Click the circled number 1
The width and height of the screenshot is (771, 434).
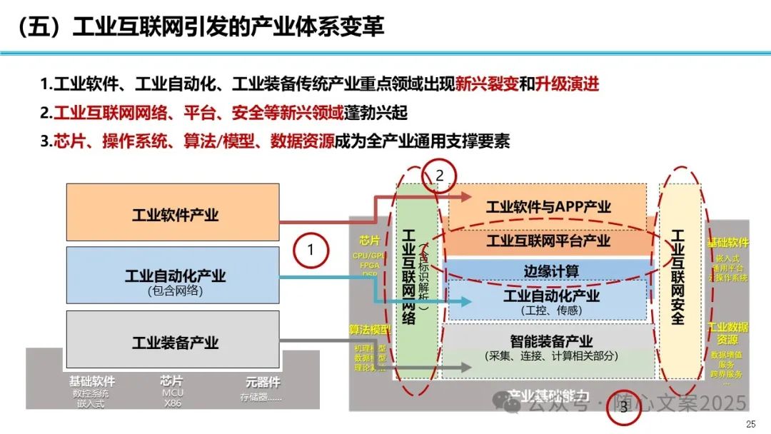pos(311,250)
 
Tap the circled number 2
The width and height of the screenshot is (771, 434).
pos(439,176)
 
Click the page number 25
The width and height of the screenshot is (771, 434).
pos(750,425)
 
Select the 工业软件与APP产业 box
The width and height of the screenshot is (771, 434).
pos(548,207)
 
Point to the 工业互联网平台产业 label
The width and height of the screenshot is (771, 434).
pos(548,240)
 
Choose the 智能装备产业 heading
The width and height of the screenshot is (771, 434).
pos(551,342)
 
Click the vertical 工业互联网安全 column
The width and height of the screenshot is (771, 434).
pos(677,277)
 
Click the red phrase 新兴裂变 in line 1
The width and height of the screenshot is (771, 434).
pos(487,84)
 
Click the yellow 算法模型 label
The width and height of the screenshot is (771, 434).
pos(370,330)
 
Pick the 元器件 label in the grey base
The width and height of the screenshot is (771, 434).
pos(263,382)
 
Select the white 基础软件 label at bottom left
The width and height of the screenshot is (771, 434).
pos(92,382)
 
